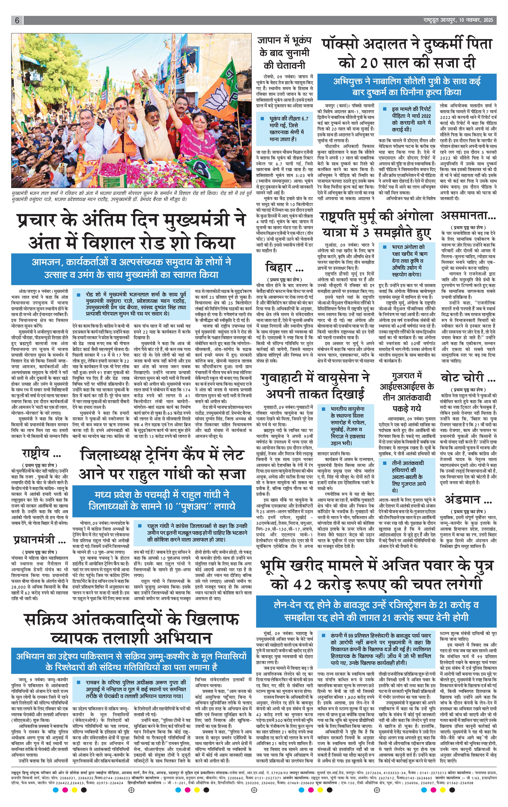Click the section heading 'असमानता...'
point(468,216)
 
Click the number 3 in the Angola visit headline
point(366,232)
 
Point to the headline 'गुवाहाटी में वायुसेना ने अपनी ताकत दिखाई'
point(315,385)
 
